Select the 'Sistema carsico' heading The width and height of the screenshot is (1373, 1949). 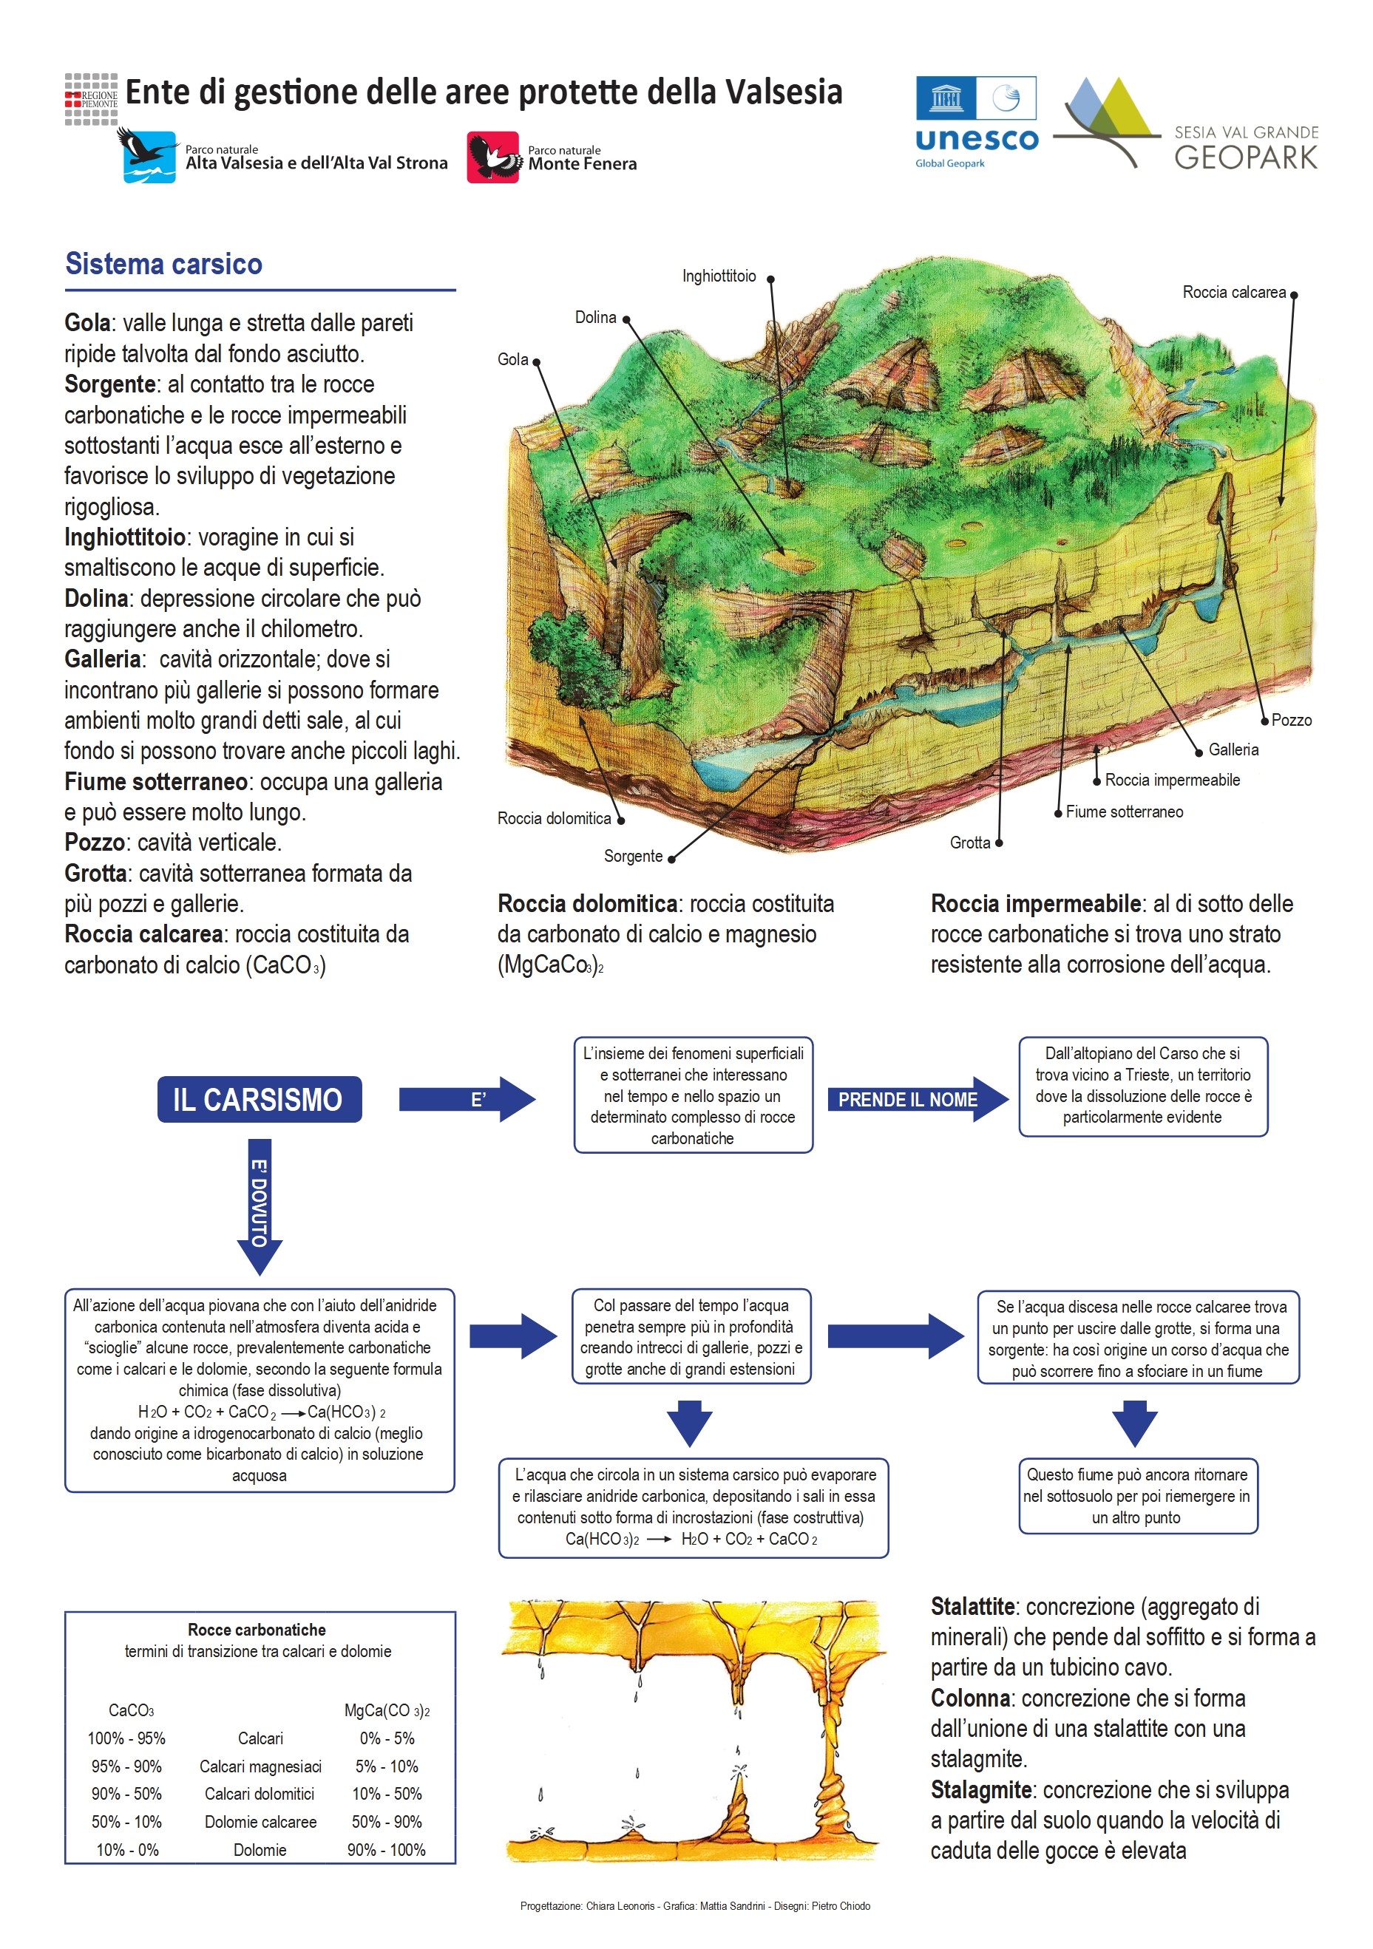tap(164, 264)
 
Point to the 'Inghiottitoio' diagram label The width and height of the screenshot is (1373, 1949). tap(719, 276)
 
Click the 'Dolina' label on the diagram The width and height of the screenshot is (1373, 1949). tap(595, 318)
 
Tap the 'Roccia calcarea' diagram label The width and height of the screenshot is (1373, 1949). tap(1233, 292)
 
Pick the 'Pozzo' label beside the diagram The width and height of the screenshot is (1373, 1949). tap(1291, 720)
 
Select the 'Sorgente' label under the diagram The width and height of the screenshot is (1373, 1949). tap(633, 856)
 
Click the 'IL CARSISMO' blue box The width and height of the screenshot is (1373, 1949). tap(259, 1099)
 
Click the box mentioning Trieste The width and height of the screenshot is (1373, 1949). tap(1142, 1086)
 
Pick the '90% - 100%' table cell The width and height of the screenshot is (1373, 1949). tap(387, 1850)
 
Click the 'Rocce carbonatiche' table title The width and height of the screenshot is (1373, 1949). tap(257, 1630)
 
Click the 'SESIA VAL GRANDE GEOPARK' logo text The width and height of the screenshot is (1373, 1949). tap(1245, 148)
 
